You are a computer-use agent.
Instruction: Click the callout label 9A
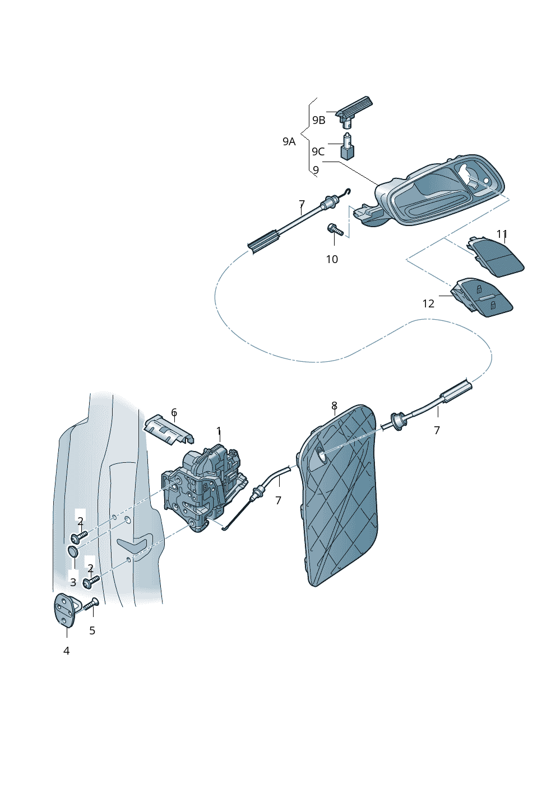tap(289, 142)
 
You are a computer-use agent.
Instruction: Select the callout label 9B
tap(318, 120)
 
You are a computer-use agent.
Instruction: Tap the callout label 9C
tap(318, 151)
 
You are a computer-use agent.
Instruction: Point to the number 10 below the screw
tap(332, 259)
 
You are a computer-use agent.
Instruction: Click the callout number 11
tap(502, 234)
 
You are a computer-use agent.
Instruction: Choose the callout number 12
tap(428, 303)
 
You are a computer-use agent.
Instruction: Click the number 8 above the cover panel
tap(334, 406)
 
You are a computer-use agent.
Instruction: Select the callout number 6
tap(174, 413)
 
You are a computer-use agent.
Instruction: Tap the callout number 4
tap(66, 651)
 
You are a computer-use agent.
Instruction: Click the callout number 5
tap(92, 630)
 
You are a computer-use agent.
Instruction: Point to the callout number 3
tap(73, 582)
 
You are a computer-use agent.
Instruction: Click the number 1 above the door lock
tap(219, 431)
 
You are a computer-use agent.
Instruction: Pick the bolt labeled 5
tap(91, 605)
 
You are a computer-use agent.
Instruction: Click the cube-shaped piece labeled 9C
tap(348, 150)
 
